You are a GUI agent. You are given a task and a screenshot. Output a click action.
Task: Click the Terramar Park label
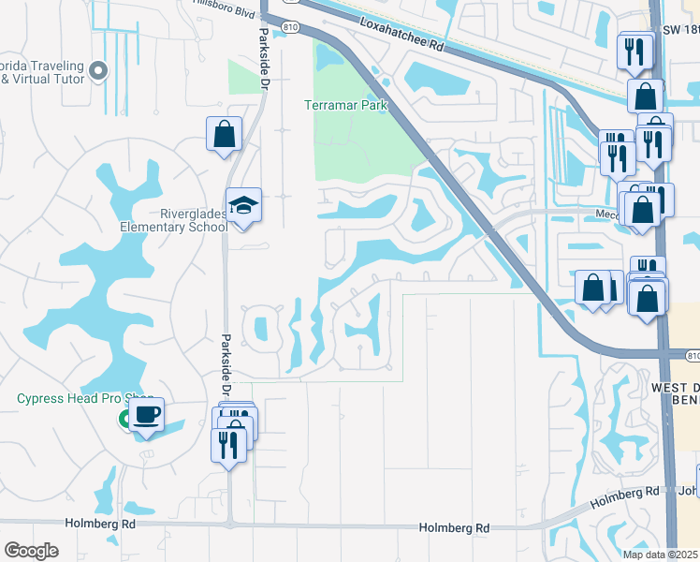[346, 106]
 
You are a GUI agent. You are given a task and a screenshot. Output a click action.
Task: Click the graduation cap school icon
[243, 205]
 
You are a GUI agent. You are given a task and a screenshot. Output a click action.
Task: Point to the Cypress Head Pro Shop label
[84, 398]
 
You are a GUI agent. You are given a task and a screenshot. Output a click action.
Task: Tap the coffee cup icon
[147, 414]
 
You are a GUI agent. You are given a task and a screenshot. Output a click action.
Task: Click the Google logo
[31, 551]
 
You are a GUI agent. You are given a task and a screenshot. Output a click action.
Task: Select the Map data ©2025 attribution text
[660, 555]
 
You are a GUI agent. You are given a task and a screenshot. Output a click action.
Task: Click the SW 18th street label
[678, 31]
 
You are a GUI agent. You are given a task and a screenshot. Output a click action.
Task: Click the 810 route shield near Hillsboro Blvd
[291, 28]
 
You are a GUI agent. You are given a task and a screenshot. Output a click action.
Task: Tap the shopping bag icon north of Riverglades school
[225, 134]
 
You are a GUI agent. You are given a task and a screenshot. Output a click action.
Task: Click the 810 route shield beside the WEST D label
[692, 356]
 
